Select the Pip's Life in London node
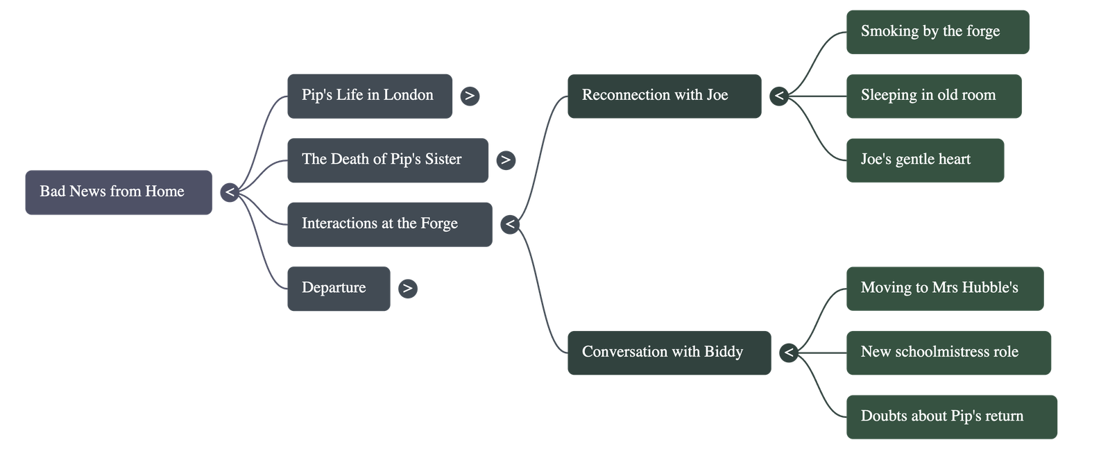(x=369, y=96)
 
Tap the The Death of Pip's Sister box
(x=387, y=160)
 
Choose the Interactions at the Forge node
(x=389, y=224)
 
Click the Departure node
(x=339, y=289)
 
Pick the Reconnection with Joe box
(x=664, y=96)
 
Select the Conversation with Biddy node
(x=669, y=353)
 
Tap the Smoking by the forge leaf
(x=937, y=32)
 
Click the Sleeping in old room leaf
(x=933, y=96)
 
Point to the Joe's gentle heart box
(x=924, y=160)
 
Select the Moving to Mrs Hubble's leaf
(x=944, y=289)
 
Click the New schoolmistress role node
(x=948, y=353)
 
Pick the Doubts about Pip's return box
(x=951, y=417)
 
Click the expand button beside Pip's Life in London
(x=470, y=96)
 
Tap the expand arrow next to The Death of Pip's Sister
(x=506, y=160)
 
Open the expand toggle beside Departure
(x=407, y=289)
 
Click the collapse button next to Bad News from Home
(x=230, y=192)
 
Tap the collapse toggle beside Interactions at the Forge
(x=510, y=224)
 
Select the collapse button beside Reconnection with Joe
(x=779, y=96)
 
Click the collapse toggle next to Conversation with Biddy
(x=788, y=353)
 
